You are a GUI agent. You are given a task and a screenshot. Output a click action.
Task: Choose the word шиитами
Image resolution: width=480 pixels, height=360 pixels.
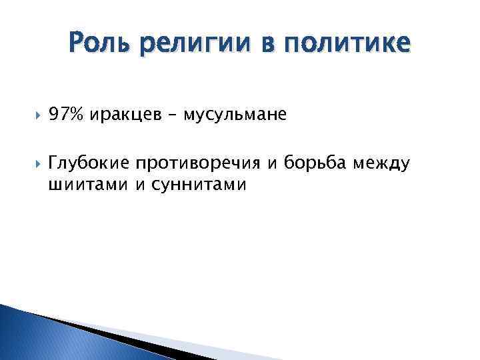tap(88, 184)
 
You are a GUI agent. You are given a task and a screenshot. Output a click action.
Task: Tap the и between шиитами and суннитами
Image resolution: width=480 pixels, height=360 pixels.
tap(139, 185)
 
